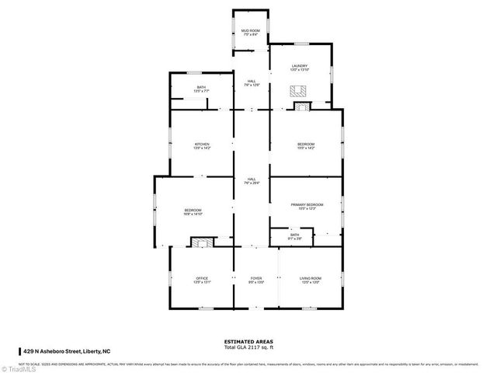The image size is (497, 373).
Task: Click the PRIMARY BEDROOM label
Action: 307,206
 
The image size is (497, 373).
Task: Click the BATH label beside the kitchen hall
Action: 201,89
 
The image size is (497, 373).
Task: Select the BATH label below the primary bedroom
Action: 294,235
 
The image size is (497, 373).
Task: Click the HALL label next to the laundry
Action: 252,82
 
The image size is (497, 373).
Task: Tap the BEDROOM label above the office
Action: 193,211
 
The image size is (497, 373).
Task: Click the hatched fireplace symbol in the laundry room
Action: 299,89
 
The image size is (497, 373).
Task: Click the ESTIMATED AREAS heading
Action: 248,341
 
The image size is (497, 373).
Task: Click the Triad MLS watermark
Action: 17,368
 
